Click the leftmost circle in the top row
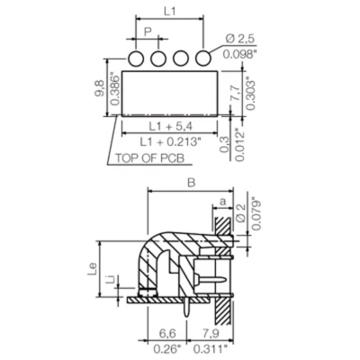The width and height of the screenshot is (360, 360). [137, 58]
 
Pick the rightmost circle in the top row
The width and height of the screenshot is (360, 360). [205, 58]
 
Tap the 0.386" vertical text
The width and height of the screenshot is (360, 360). [113, 90]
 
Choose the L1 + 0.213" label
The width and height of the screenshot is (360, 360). [171, 145]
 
